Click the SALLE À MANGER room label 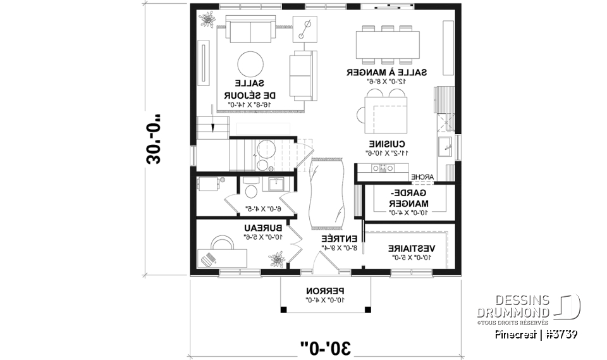click(x=386, y=73)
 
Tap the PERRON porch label click(x=325, y=290)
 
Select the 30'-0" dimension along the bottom click(x=326, y=346)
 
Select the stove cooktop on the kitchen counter click(x=383, y=168)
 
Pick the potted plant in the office click(x=276, y=259)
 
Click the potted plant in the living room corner click(x=207, y=20)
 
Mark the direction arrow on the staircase click(x=213, y=127)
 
